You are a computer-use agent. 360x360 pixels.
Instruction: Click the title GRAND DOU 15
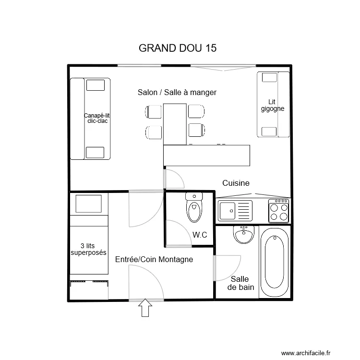[177, 48]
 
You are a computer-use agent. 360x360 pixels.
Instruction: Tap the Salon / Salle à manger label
[177, 92]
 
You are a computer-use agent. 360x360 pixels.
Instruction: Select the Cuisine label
[236, 183]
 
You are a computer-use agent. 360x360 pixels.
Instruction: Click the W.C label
[200, 235]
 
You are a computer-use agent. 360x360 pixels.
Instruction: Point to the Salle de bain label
[240, 283]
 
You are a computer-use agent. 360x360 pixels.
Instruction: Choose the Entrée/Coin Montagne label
[154, 259]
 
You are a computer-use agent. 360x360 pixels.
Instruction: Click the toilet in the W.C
[194, 208]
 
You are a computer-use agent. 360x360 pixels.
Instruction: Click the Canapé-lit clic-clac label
[97, 118]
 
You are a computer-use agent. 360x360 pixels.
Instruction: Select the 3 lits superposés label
[88, 249]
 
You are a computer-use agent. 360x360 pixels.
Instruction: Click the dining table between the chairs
[175, 124]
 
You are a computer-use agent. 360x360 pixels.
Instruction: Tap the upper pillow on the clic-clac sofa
[95, 85]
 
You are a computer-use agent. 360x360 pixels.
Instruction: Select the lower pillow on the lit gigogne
[269, 131]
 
